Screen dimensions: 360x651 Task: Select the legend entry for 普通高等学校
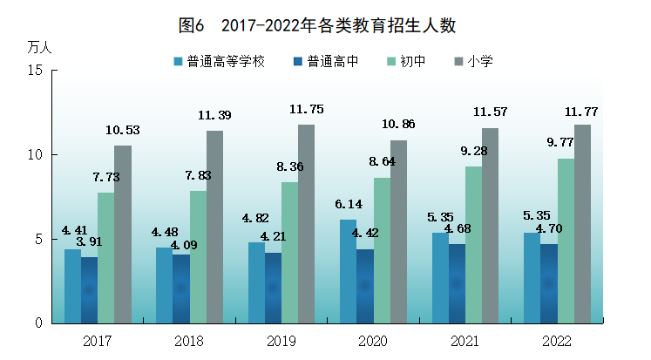click(219, 62)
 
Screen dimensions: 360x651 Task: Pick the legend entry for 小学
click(474, 62)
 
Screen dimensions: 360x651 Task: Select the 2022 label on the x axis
click(556, 339)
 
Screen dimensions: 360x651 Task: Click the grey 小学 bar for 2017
click(123, 234)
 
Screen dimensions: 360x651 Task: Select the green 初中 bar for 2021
click(473, 244)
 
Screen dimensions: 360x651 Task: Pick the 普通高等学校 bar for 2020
click(348, 271)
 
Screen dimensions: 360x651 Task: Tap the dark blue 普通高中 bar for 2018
click(181, 289)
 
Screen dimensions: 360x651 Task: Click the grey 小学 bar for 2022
click(582, 223)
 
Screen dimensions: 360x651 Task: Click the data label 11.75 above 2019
click(306, 110)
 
